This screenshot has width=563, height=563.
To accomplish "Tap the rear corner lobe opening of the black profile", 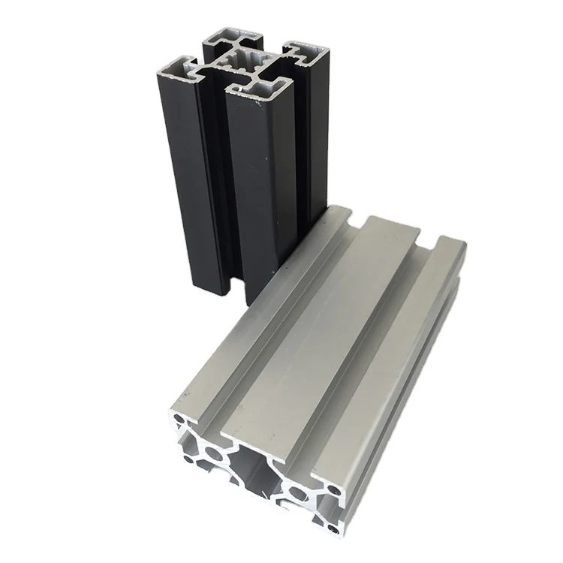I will (234, 38).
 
